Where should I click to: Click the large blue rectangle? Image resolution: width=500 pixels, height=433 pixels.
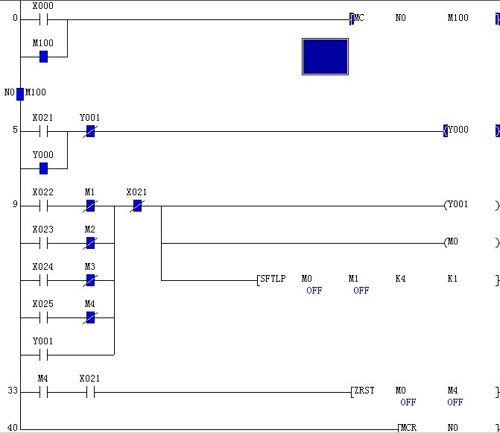325,57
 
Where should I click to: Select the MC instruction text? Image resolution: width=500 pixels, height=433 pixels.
358,18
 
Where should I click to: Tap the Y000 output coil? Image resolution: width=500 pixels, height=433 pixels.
458,130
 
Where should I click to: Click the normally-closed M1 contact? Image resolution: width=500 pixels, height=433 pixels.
90,206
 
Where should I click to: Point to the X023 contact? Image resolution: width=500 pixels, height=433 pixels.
43,243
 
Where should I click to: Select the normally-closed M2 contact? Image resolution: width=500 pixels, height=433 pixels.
90,243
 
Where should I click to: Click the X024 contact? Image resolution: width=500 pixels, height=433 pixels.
43,280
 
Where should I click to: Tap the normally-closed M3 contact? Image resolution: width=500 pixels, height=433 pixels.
90,280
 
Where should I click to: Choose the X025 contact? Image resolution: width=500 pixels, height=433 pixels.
43,317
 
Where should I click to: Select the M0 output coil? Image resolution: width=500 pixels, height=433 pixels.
452,242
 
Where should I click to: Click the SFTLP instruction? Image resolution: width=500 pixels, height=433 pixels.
272,279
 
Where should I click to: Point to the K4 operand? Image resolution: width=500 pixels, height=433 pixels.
400,279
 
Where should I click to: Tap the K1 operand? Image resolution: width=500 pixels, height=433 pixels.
452,279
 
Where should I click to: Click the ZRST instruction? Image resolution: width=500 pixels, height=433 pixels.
364,391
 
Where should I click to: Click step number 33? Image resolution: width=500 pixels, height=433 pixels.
13,391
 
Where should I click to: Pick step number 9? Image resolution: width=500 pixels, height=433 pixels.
15,205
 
